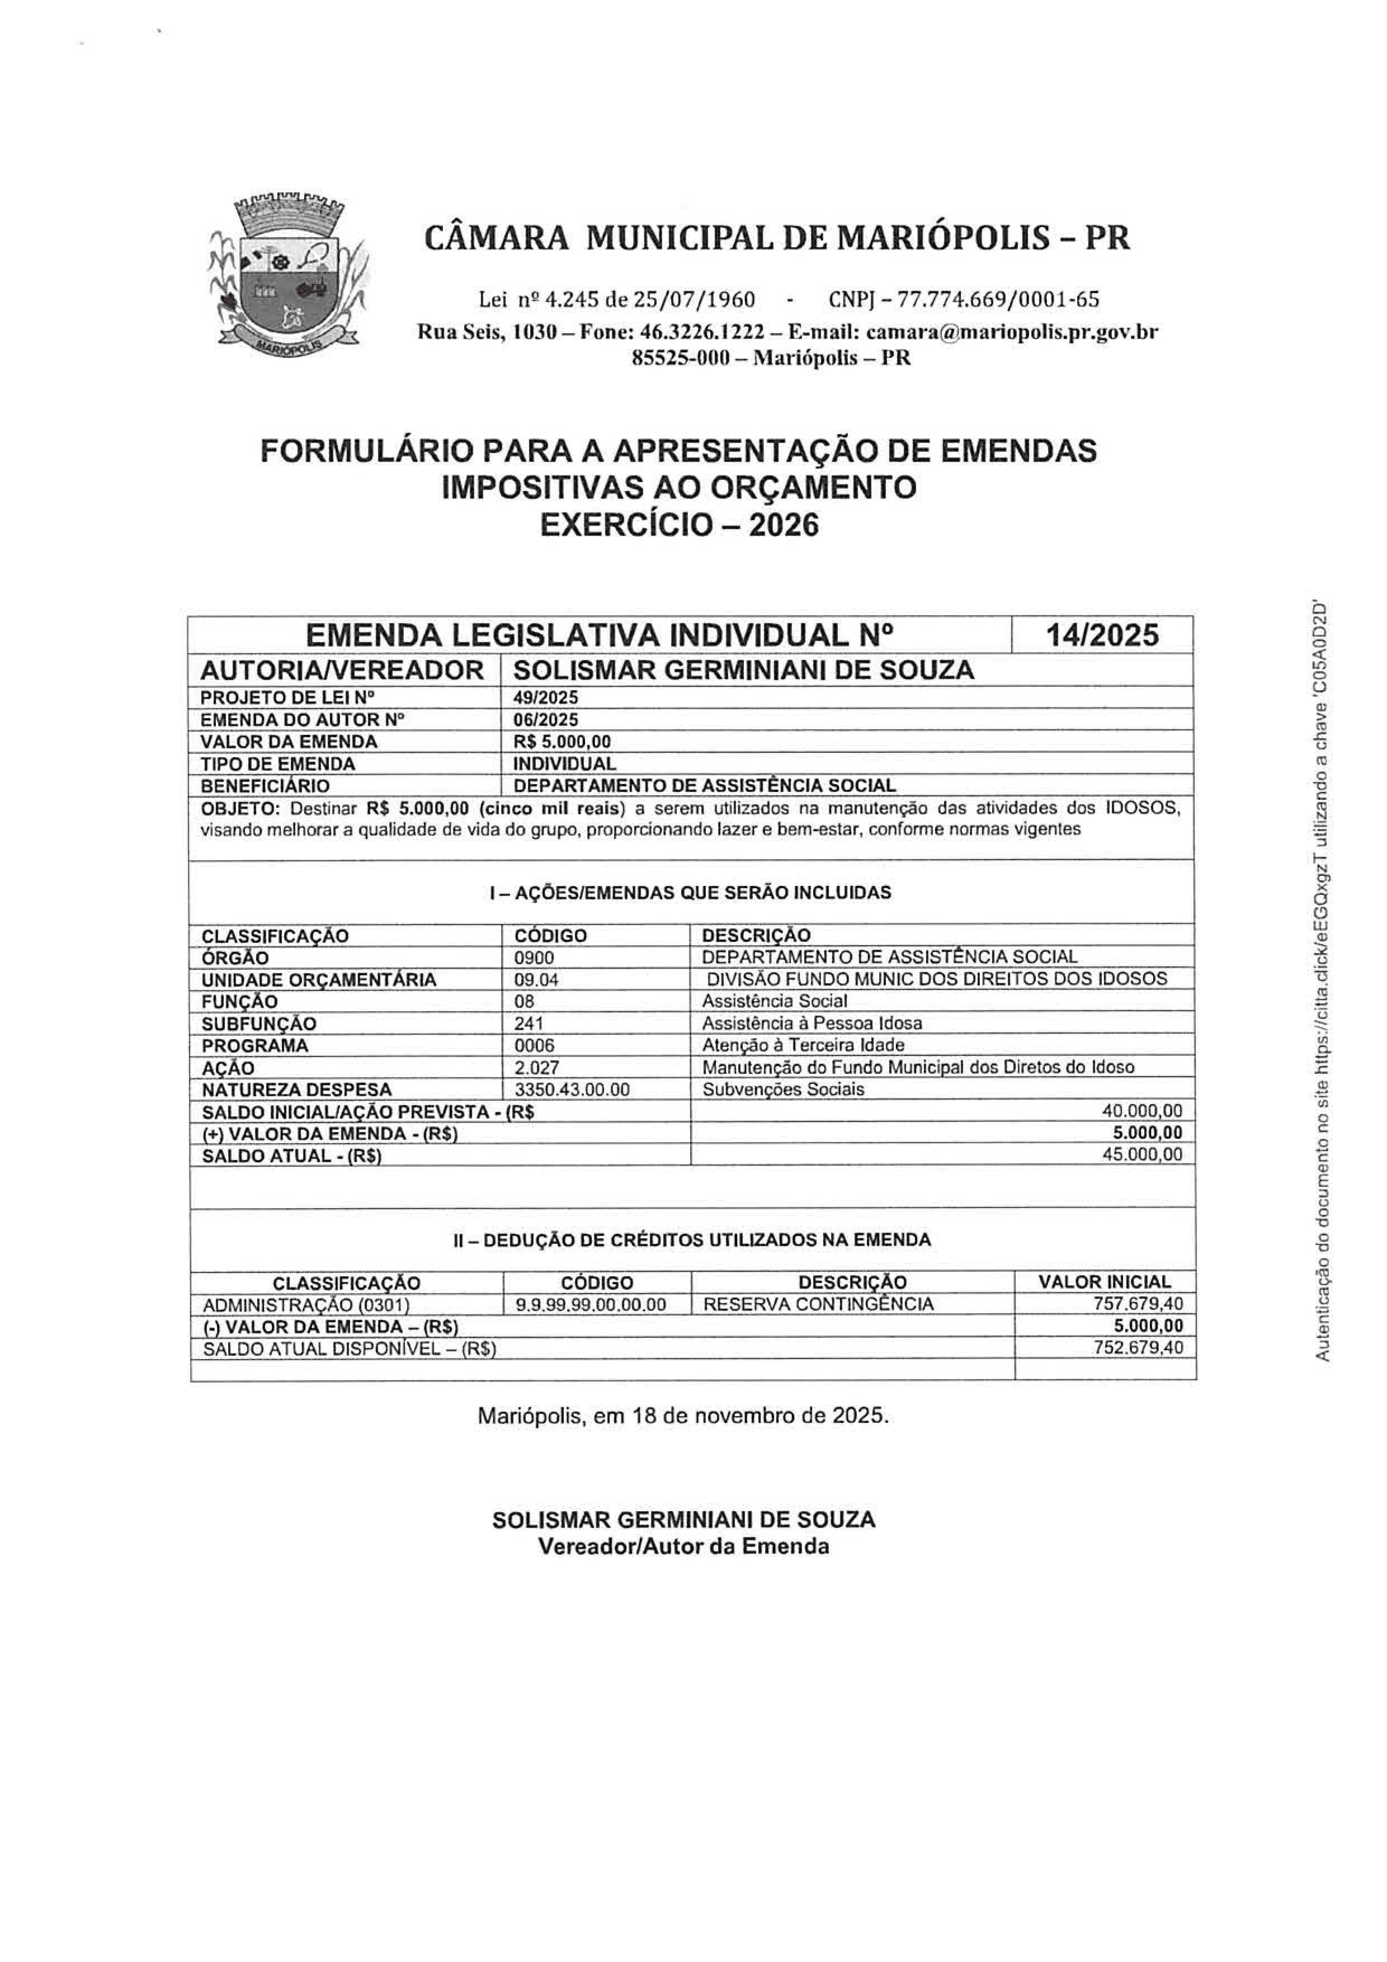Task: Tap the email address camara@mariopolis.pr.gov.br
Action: tap(1013, 332)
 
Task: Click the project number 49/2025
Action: tap(545, 698)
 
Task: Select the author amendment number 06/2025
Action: tap(545, 719)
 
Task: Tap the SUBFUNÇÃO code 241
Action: tap(529, 1023)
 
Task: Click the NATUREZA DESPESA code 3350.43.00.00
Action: tap(572, 1090)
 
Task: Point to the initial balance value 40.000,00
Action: tap(1143, 1111)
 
